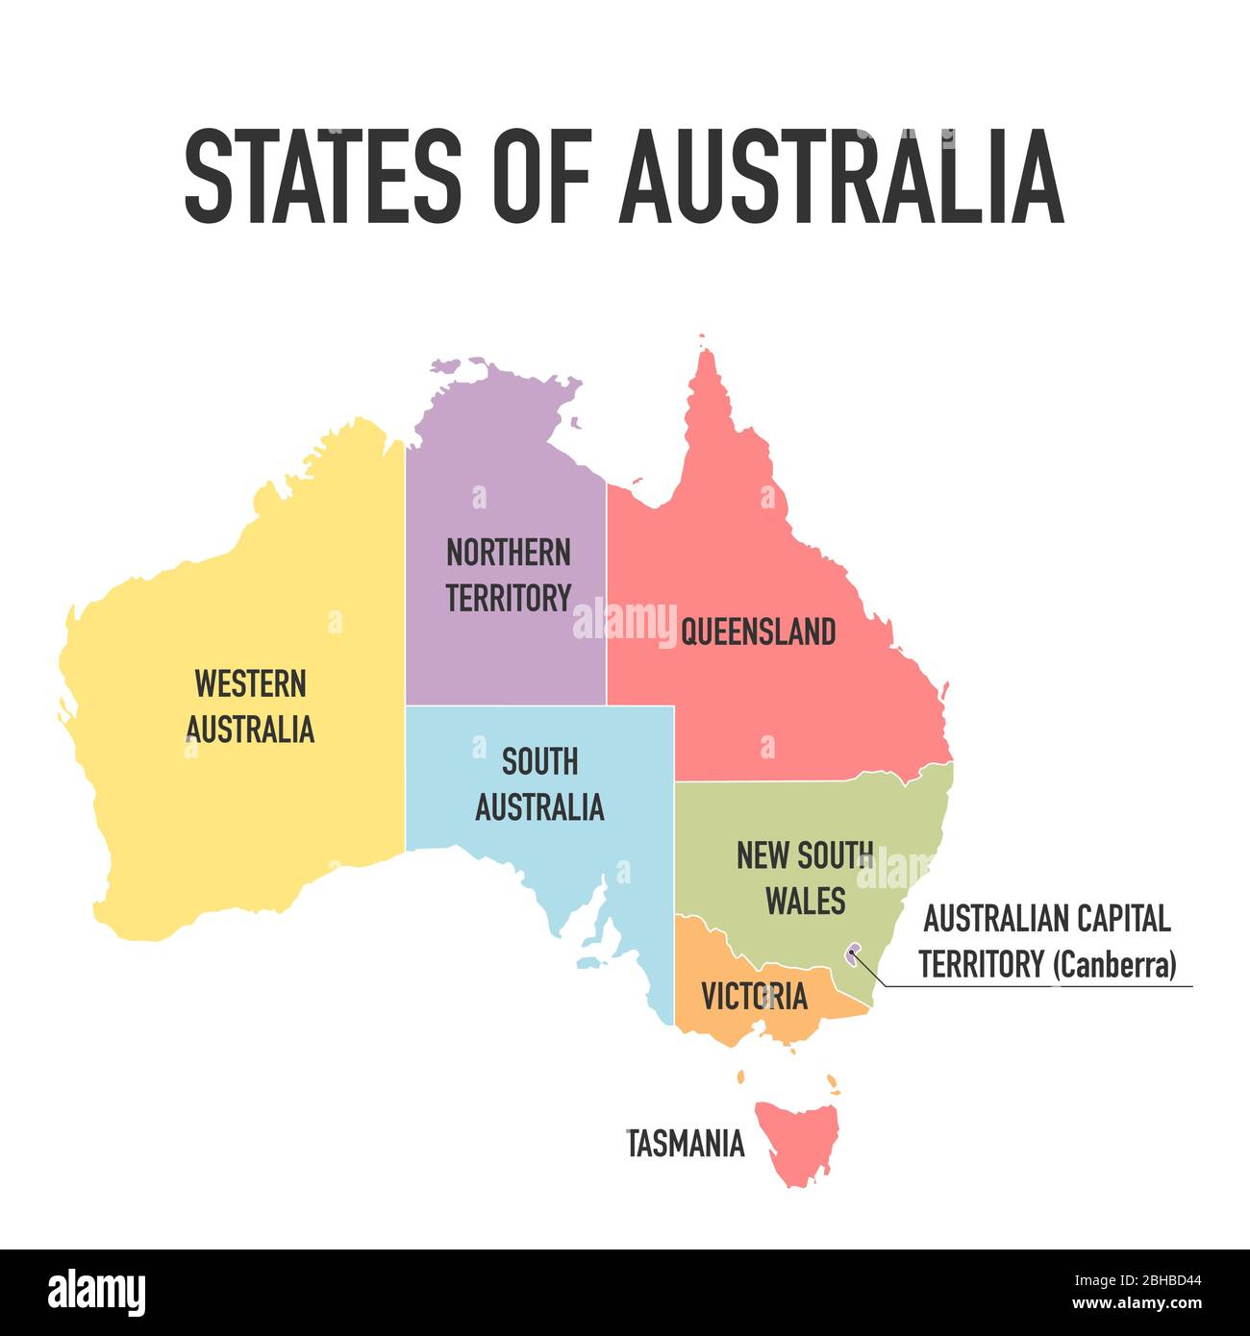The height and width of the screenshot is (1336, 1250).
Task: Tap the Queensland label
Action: [x=758, y=632]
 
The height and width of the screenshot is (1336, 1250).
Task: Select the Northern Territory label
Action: [x=508, y=575]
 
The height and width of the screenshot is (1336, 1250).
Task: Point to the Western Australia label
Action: [x=250, y=706]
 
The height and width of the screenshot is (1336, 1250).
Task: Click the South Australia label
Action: [x=539, y=784]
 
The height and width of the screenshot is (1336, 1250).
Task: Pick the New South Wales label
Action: [x=805, y=878]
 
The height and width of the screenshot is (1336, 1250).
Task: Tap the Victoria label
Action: [x=754, y=997]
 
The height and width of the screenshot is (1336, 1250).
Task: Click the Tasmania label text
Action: [x=686, y=1144]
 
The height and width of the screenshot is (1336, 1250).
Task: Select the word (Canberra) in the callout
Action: [x=1114, y=964]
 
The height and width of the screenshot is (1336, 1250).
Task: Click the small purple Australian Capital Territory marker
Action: [x=851, y=954]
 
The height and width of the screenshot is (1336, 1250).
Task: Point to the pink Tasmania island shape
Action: [x=796, y=1139]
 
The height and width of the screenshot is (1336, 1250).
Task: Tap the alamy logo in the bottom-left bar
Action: [x=96, y=1293]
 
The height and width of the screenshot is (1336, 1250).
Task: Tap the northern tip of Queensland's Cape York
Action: [x=706, y=352]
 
